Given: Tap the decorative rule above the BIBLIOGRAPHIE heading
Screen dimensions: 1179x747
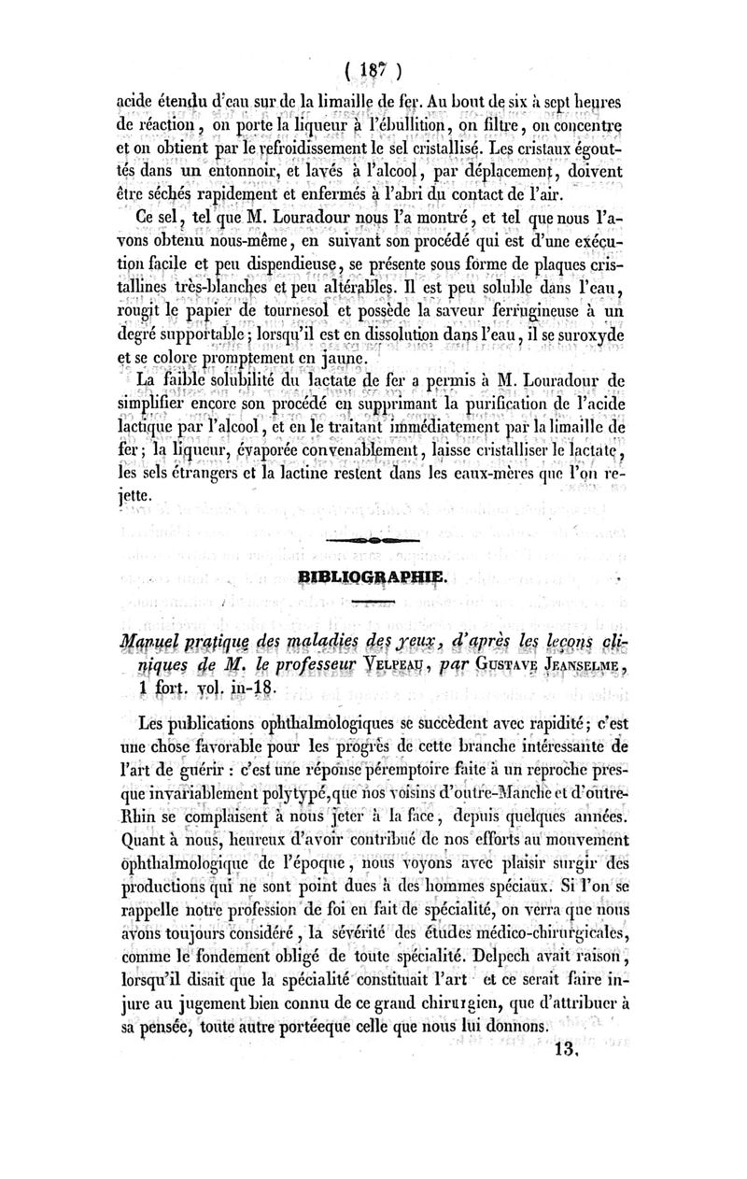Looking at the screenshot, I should tap(373, 541).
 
